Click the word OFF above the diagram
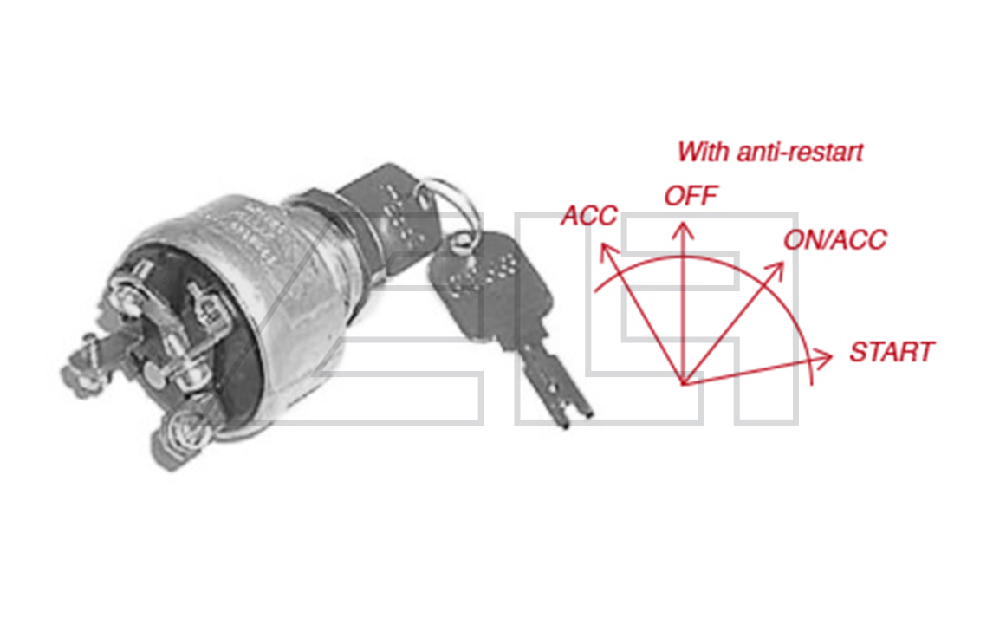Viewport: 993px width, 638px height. pyautogui.click(x=691, y=196)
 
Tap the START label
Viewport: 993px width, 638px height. pyautogui.click(x=892, y=353)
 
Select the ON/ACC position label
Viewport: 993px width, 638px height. pyautogui.click(x=834, y=239)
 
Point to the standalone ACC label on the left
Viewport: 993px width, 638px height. pyautogui.click(x=588, y=215)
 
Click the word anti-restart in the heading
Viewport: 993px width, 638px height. pyautogui.click(x=801, y=152)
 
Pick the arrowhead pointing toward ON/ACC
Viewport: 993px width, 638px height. pyautogui.click(x=777, y=268)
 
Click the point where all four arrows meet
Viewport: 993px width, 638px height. pyautogui.click(x=684, y=382)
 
